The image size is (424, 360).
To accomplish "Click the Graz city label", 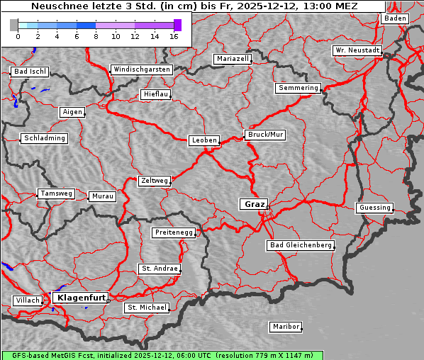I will pos(254,204).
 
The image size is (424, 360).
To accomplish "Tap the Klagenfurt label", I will pos(81,298).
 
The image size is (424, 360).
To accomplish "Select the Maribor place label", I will pos(286,327).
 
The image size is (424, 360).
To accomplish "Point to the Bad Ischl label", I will pos(30,72).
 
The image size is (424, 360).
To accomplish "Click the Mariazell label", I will pos(233,59).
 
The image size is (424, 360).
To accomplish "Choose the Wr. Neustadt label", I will pos(357,51).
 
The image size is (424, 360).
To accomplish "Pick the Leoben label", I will pos(204,140).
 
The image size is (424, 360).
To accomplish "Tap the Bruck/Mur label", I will pos(265,135).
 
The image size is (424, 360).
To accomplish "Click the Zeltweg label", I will pos(154,181).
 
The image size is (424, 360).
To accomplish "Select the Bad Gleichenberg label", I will pos(300,245).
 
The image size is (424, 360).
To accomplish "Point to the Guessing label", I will pos(374,208).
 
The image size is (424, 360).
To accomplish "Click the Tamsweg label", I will pos(55,193).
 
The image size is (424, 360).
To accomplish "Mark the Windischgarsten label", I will pos(142,69).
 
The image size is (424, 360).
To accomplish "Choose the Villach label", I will pos(27,300).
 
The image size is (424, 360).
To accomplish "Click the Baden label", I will pos(396,18).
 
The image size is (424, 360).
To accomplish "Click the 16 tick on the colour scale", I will pos(174,36).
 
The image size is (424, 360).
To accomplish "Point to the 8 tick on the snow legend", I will pos(96,36).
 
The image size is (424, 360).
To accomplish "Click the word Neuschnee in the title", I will pos(55,6).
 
